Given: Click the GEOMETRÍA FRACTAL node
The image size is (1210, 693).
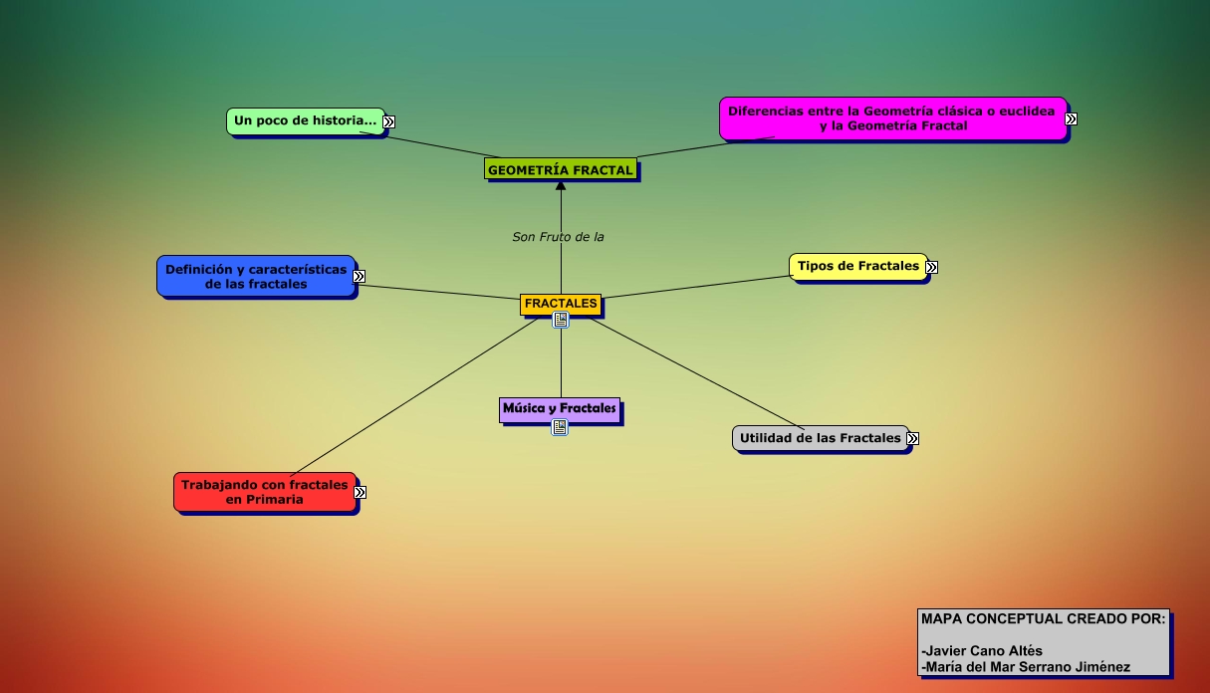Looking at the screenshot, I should pyautogui.click(x=561, y=170).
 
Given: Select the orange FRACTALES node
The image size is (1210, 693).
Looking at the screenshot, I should pyautogui.click(x=561, y=304).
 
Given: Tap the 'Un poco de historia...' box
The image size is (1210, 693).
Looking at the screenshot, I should pyautogui.click(x=305, y=120).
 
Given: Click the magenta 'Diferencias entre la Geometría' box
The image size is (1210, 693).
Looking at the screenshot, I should pyautogui.click(x=891, y=118).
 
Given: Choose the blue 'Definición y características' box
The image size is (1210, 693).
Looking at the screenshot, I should pyautogui.click(x=256, y=276).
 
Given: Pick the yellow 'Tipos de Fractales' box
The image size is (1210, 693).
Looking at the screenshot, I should pyautogui.click(x=858, y=266).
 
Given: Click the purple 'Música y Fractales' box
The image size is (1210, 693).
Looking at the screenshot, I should pyautogui.click(x=560, y=409).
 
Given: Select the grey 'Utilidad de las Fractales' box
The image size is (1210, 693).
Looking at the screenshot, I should pyautogui.click(x=820, y=438).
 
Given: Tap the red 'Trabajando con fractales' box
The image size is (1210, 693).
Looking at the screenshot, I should pyautogui.click(x=264, y=492).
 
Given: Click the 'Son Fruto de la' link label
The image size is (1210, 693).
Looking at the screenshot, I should pyautogui.click(x=558, y=237).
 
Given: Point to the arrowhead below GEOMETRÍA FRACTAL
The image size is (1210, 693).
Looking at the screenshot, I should pyautogui.click(x=561, y=185).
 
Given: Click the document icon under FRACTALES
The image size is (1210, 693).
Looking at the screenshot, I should pyautogui.click(x=561, y=320).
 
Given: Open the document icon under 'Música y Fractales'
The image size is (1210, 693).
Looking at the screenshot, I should pyautogui.click(x=560, y=427).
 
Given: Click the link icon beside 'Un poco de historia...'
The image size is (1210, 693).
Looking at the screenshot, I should pyautogui.click(x=388, y=121).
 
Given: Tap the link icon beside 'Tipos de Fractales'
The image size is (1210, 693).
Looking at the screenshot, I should pyautogui.click(x=931, y=267).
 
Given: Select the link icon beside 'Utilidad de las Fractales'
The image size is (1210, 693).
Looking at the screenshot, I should pyautogui.click(x=912, y=438).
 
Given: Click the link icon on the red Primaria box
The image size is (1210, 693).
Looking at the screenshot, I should pyautogui.click(x=361, y=492).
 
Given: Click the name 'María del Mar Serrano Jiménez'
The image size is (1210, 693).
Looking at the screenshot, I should pyautogui.click(x=1026, y=667).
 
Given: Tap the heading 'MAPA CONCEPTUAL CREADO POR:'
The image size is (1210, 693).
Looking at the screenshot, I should pyautogui.click(x=1043, y=618).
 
